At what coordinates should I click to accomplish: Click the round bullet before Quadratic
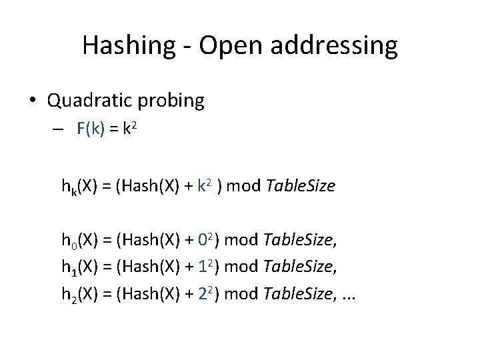[x=33, y=101]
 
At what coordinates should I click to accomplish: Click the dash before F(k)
[x=59, y=131]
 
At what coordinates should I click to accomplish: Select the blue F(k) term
[x=90, y=130]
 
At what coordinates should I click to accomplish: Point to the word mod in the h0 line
[x=241, y=239]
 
